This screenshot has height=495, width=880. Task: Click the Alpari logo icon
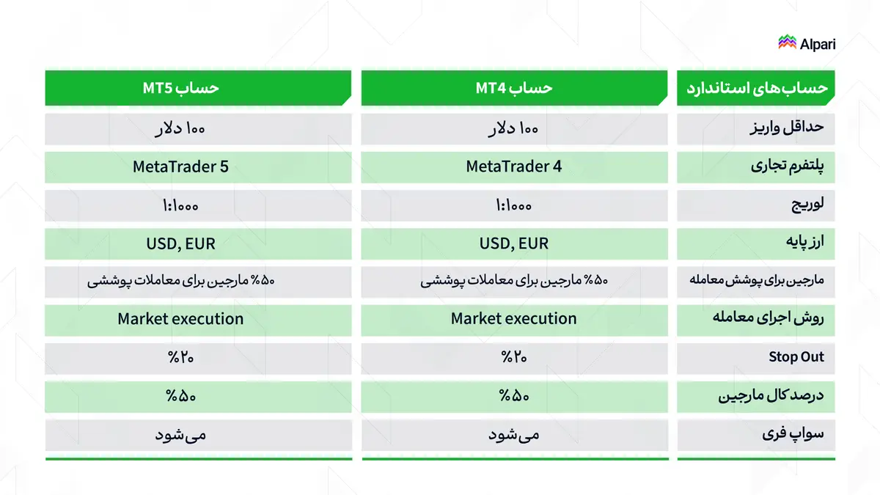point(787,43)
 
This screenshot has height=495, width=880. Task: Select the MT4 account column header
point(514,88)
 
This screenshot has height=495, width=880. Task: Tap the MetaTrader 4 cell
point(514,166)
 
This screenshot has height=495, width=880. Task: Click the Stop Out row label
point(796,357)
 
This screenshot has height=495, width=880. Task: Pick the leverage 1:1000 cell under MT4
point(514,205)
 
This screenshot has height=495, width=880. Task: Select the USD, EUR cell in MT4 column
point(514,243)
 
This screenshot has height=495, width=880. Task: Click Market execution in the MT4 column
point(514,319)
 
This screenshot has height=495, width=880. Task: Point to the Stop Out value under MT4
point(514,357)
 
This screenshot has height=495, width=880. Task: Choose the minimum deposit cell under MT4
point(514,129)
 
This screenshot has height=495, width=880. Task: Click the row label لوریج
point(806,205)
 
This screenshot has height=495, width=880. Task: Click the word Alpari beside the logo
point(818,43)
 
